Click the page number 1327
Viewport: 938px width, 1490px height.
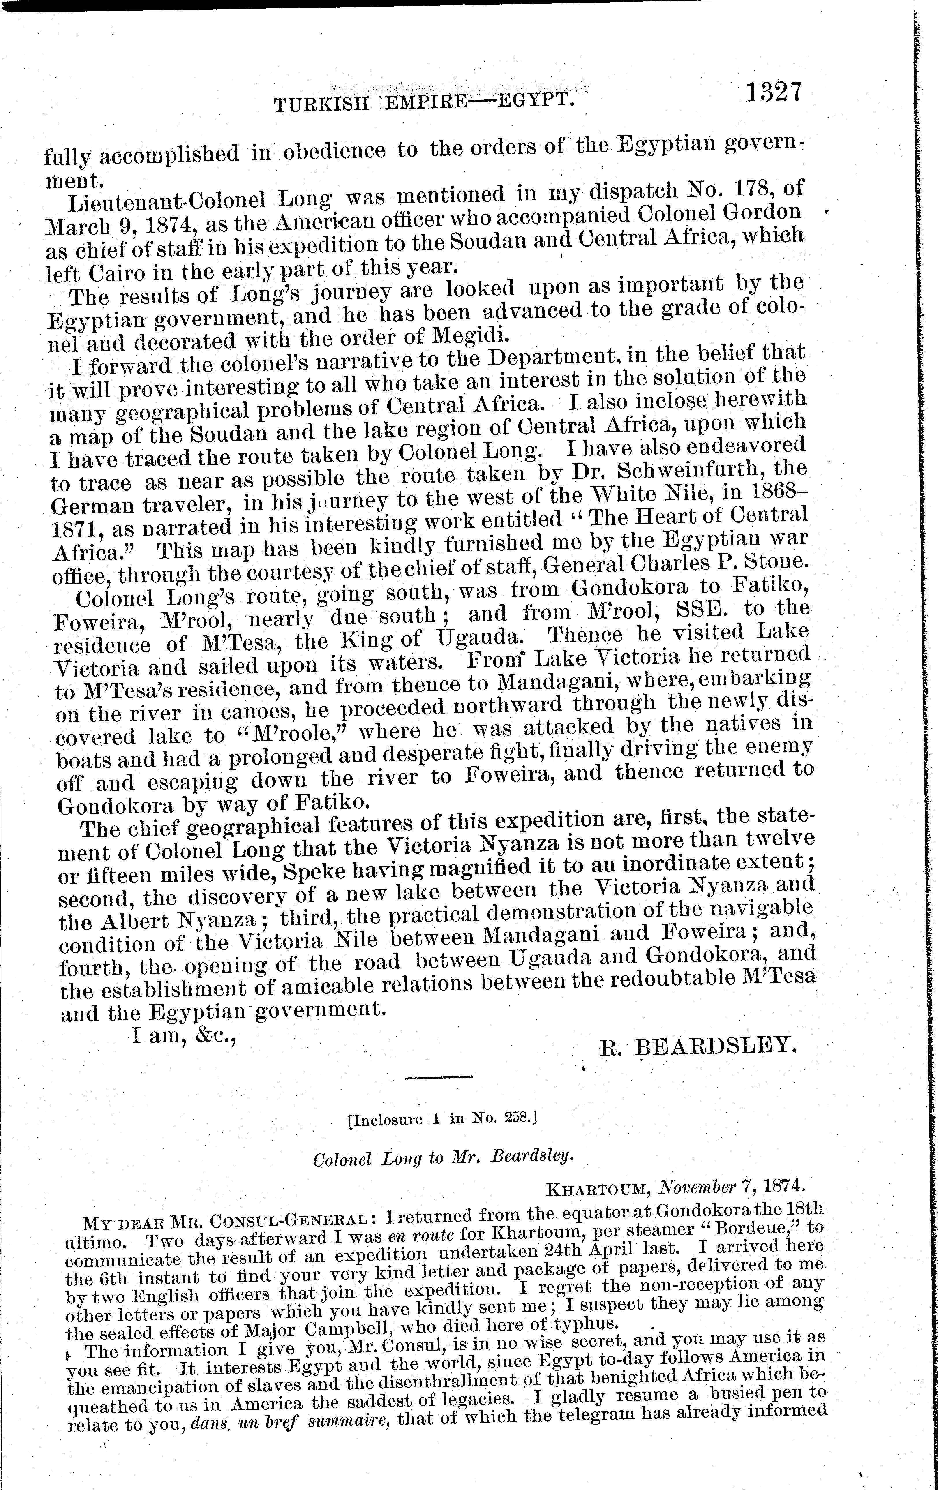[773, 93]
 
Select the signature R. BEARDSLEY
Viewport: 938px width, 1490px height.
[696, 1046]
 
